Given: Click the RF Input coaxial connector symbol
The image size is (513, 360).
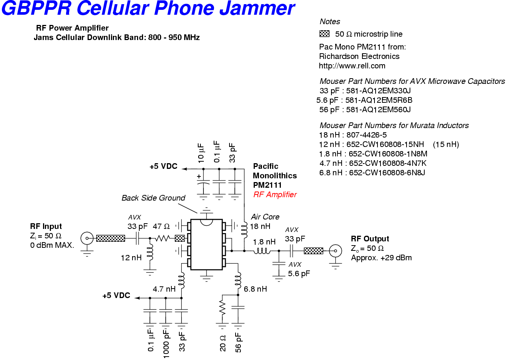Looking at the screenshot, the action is (87, 238).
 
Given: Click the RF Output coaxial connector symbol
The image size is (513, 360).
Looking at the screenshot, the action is (336, 251).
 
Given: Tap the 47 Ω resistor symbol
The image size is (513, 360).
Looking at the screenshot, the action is (162, 238).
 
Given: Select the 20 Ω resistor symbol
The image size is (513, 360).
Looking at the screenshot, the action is (222, 308).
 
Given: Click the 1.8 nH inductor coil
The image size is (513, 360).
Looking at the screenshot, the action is (262, 251).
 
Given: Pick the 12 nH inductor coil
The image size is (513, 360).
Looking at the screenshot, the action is (150, 252).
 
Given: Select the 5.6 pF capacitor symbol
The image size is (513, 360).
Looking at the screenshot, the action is (279, 264).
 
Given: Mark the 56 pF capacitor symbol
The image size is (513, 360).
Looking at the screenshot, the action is (238, 307).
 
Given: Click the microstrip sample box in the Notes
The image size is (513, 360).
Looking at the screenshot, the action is (325, 34).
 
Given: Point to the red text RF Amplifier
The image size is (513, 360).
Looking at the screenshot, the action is (275, 195).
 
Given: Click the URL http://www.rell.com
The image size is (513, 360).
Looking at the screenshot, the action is (352, 66).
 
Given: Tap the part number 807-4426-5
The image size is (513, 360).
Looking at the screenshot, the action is (367, 135).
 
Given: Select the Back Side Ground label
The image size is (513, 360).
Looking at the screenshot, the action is (153, 198).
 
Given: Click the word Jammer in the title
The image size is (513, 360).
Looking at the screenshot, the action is (257, 8).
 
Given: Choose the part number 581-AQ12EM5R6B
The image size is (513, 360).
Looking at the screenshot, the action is (379, 100).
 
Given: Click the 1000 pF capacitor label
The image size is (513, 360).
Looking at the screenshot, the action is (166, 343).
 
